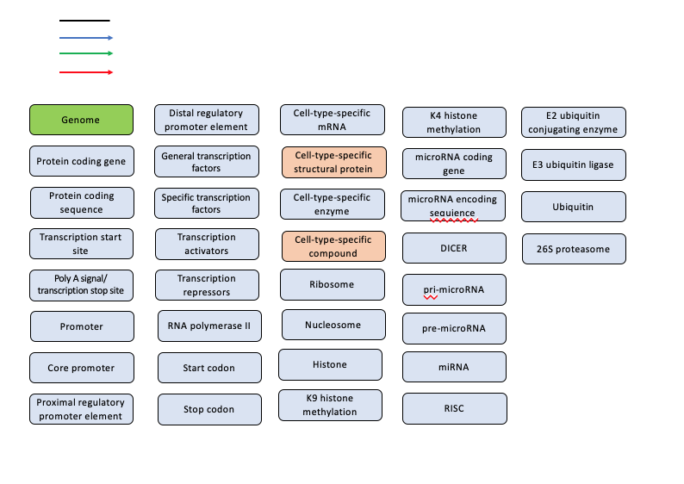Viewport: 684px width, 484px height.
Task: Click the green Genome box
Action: tap(82, 120)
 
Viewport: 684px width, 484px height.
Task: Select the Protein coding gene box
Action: tap(82, 161)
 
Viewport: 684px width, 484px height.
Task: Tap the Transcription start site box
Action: tap(82, 243)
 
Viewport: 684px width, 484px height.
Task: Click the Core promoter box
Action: tap(82, 368)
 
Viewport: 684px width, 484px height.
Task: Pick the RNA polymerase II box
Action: tap(209, 326)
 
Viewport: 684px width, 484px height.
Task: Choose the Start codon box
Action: tap(209, 368)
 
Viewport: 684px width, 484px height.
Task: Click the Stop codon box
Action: tap(209, 409)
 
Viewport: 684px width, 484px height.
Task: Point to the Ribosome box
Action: tap(332, 284)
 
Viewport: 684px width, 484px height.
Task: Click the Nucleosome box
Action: tap(332, 325)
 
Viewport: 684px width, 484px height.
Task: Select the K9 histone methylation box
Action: tap(330, 405)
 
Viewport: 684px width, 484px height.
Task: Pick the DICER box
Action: tap(454, 248)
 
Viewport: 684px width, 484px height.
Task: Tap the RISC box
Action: tap(454, 408)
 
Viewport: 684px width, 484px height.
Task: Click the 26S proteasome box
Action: tap(574, 249)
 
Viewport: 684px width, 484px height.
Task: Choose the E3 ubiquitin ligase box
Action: tap(574, 164)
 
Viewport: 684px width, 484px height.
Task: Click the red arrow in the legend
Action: tap(86, 72)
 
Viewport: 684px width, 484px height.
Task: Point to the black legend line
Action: tap(84, 20)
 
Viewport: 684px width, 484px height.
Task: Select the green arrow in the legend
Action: tap(86, 53)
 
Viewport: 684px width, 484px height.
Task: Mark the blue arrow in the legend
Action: tap(86, 38)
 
